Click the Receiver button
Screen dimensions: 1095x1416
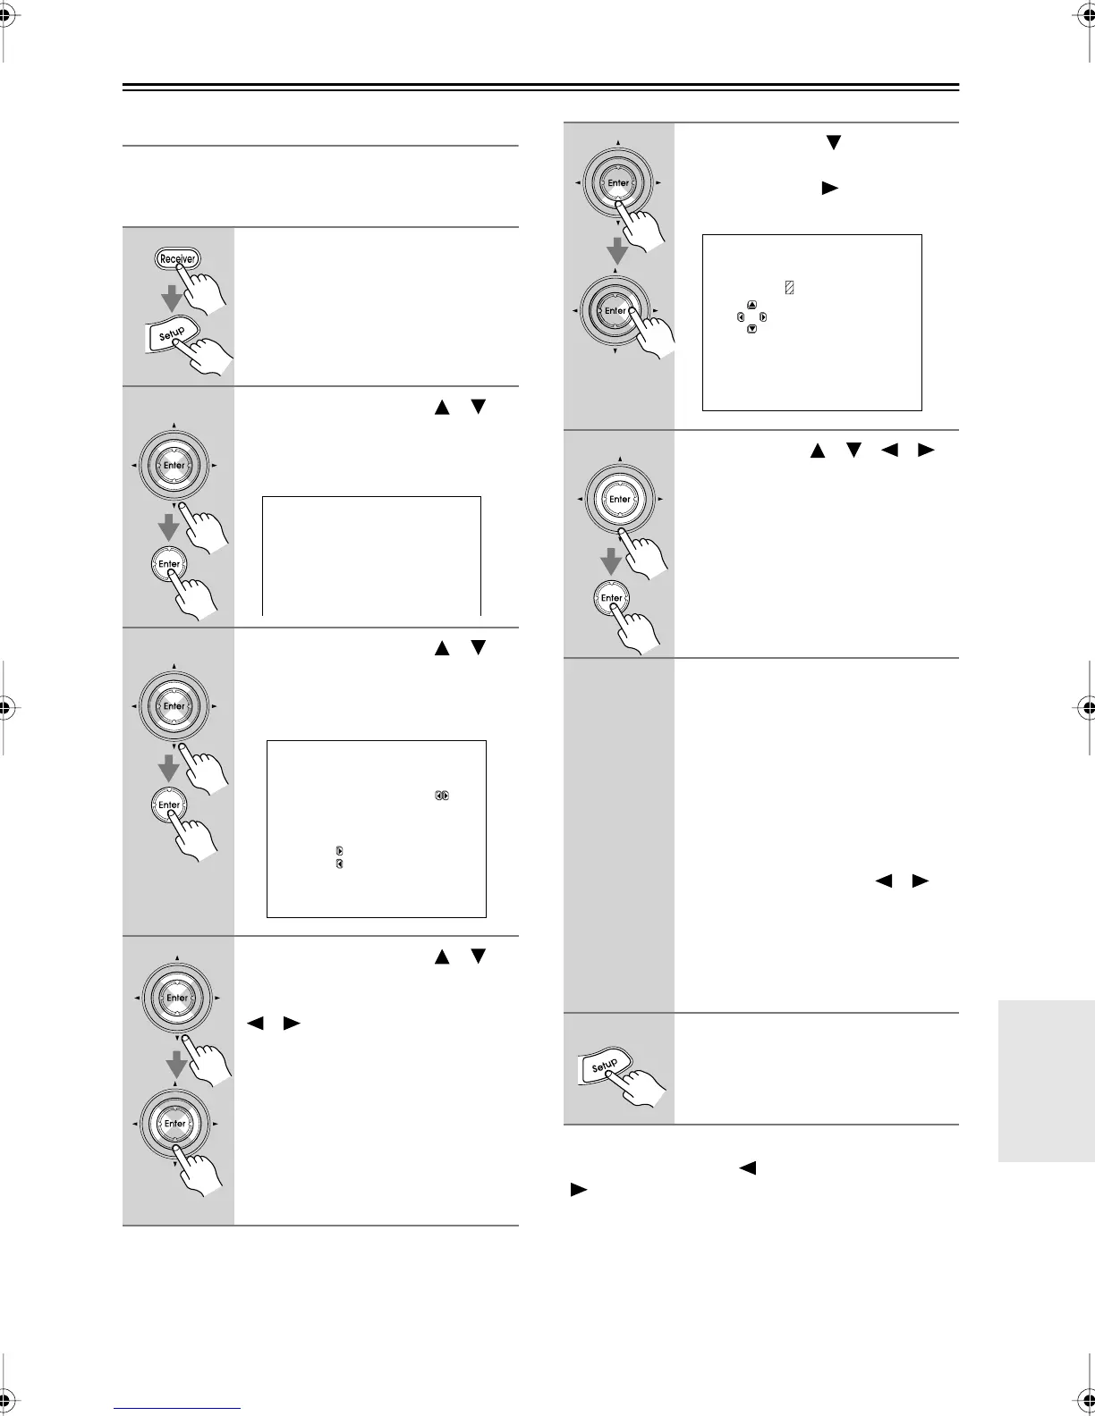[177, 259]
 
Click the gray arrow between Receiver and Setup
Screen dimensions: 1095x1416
[173, 298]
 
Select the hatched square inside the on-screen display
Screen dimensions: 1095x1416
[790, 288]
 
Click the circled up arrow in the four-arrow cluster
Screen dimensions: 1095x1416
[751, 305]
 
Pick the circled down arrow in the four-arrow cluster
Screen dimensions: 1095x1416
[751, 329]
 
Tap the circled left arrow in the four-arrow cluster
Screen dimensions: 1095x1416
[741, 317]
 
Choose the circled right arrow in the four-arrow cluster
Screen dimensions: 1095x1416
[762, 317]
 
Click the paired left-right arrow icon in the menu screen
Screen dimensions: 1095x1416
[442, 795]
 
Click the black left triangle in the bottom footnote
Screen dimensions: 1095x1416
[748, 1167]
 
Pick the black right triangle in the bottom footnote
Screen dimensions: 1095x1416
[579, 1190]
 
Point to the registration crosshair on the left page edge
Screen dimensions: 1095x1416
[6, 707]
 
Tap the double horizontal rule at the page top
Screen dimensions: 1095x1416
[540, 88]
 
